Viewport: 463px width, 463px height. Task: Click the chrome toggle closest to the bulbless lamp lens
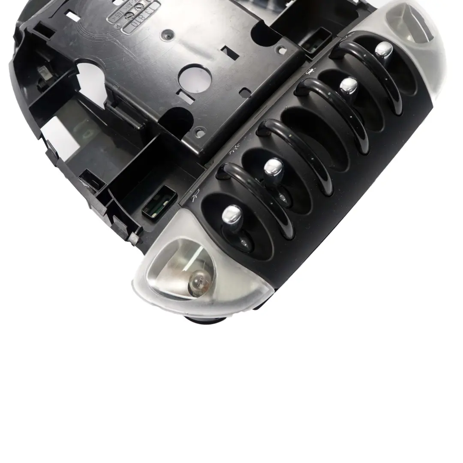pyautogui.click(x=384, y=51)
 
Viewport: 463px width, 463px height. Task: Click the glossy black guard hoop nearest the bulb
pyautogui.click(x=253, y=197)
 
